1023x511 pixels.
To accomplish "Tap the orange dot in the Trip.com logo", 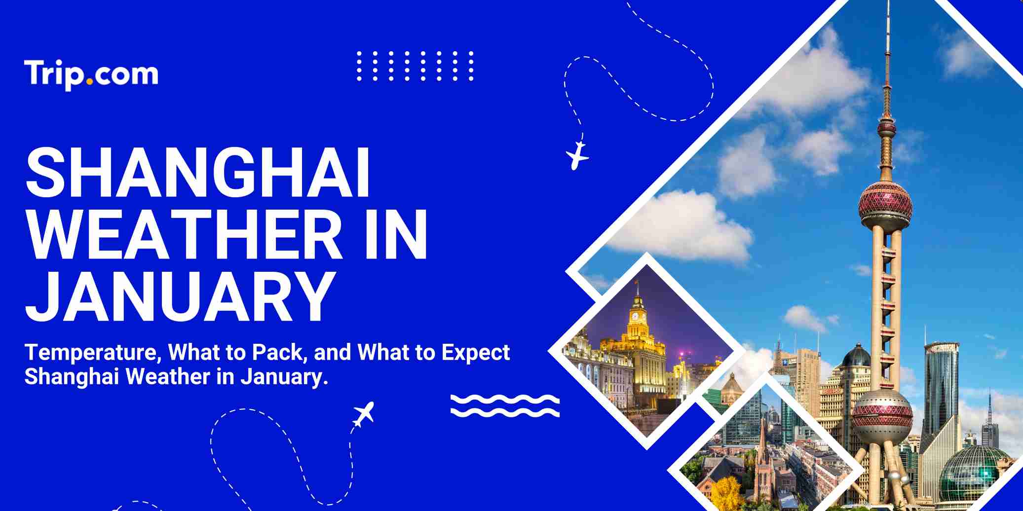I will pos(89,81).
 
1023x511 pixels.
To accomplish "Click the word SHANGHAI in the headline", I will pos(197,173).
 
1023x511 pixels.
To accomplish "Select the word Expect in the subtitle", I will pos(476,353).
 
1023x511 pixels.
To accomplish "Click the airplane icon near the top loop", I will pos(576,155).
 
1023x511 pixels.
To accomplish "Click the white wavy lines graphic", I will pos(505,405).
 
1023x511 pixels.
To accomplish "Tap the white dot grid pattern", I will pos(415,66).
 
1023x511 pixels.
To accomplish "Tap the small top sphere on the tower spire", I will pos(886,129).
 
